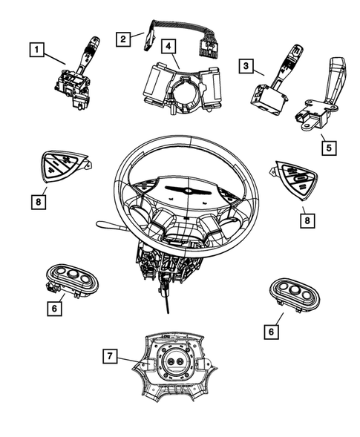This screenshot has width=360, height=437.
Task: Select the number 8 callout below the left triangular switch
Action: tap(38, 200)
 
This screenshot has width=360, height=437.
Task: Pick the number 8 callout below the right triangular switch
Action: tap(304, 220)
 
